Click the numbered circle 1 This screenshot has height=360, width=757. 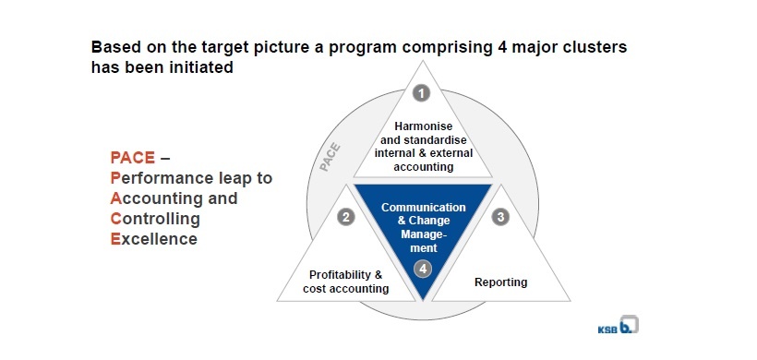tap(422, 93)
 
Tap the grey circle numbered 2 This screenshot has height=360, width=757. tap(345, 217)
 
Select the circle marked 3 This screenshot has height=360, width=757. tap(500, 217)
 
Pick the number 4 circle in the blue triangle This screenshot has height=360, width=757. tap(423, 270)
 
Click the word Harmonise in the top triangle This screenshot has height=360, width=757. tap(424, 126)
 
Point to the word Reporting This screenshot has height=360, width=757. tap(500, 282)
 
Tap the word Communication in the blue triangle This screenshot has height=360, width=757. tap(424, 208)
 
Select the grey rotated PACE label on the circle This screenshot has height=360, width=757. tap(330, 157)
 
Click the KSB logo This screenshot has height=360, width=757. tap(618, 326)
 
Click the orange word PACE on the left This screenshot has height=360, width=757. tap(133, 158)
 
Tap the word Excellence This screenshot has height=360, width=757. tap(154, 239)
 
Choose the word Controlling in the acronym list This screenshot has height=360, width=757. tap(155, 219)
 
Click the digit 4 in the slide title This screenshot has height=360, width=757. tap(499, 47)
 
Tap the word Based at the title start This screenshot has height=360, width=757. tap(114, 47)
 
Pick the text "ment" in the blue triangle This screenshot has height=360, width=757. tap(424, 248)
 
